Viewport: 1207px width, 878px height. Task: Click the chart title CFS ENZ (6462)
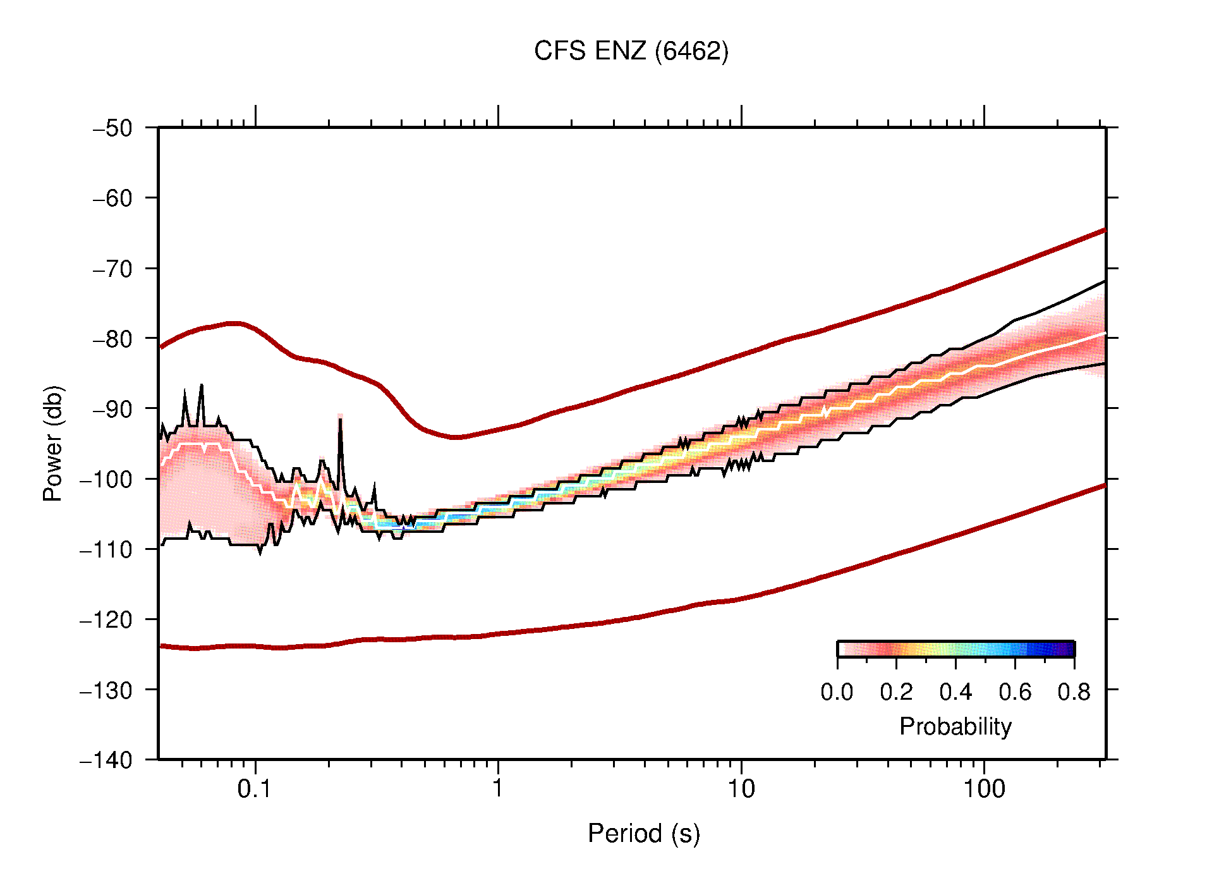(631, 51)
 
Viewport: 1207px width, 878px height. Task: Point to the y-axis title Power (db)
(53, 443)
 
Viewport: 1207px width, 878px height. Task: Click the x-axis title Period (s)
(643, 833)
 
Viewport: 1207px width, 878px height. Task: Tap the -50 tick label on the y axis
(112, 128)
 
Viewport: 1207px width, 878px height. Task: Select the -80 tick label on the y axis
(112, 339)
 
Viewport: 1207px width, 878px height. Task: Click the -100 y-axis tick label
(106, 479)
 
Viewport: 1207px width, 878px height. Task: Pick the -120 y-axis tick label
(106, 619)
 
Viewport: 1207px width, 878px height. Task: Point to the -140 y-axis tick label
(106, 760)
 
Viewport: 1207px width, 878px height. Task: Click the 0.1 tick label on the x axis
(255, 788)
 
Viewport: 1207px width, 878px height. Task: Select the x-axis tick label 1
(498, 788)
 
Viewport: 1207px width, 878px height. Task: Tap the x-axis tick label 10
(741, 788)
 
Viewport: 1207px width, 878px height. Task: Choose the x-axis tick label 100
(983, 788)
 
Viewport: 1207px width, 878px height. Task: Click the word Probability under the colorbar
(955, 726)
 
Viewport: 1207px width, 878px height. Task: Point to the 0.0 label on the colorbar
(837, 692)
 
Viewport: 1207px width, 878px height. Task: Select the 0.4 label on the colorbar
(955, 692)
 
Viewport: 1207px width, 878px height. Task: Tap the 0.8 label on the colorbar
(1074, 692)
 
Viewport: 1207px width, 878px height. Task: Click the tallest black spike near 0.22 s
(340, 420)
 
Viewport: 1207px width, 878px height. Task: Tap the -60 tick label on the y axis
(112, 198)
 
